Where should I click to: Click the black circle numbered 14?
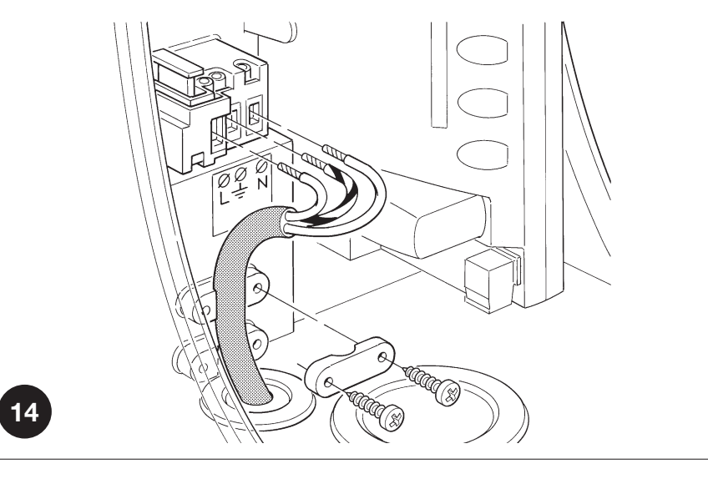[x=26, y=411]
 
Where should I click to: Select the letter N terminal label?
[x=263, y=183]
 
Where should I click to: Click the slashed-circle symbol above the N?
[x=260, y=167]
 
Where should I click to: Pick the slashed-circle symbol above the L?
[x=224, y=181]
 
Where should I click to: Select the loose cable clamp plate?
[x=350, y=366]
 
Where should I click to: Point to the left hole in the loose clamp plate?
[x=329, y=383]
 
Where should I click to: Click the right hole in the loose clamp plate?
[x=382, y=358]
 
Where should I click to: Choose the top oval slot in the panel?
[x=483, y=50]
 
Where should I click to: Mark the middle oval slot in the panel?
[x=483, y=103]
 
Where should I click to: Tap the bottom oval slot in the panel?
[x=483, y=154]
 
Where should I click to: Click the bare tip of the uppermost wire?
[x=335, y=152]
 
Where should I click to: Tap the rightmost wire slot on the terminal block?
[x=254, y=115]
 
